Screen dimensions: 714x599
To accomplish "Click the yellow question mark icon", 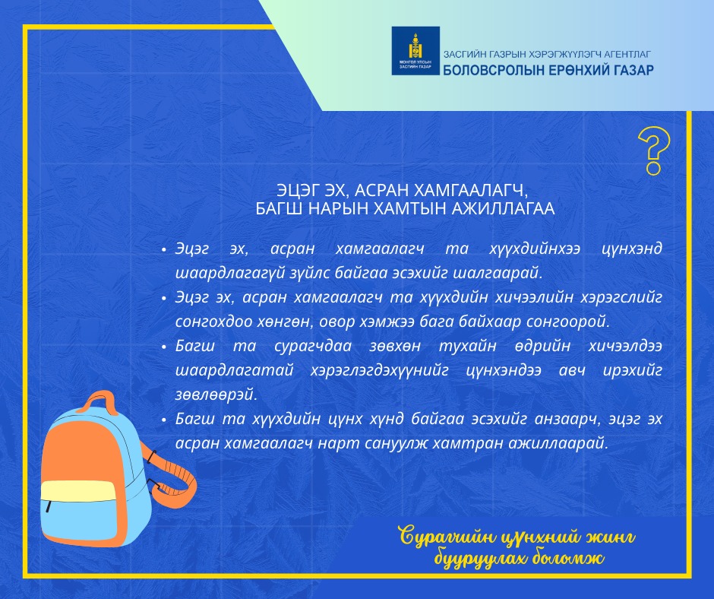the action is pyautogui.click(x=654, y=151).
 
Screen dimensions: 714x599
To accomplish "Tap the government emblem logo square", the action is pyautogui.click(x=415, y=51).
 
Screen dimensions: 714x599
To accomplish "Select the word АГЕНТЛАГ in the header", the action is pyautogui.click(x=627, y=54).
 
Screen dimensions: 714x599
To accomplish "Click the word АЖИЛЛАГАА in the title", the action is pyautogui.click(x=503, y=209).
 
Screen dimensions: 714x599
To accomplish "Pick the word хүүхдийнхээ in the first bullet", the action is pyautogui.click(x=535, y=249).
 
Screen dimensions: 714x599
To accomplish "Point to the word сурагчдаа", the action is pyautogui.click(x=313, y=346).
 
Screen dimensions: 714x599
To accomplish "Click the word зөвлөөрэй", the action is pyautogui.click(x=216, y=395).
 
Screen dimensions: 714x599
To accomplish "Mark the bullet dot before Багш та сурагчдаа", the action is pyautogui.click(x=164, y=347).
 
